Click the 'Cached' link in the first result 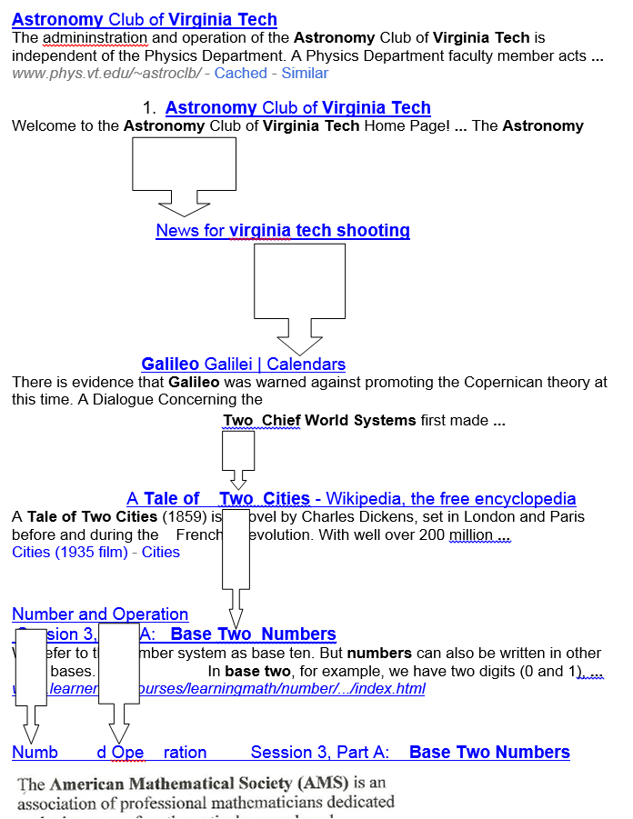(x=240, y=73)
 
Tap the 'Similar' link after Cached (x=305, y=73)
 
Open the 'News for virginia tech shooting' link (x=283, y=231)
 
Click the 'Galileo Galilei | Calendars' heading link (x=244, y=365)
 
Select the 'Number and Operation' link (x=100, y=614)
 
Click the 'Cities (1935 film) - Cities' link (x=95, y=552)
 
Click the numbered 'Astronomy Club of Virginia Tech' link (x=297, y=108)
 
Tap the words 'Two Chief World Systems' (x=319, y=420)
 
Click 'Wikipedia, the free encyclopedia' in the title (x=451, y=498)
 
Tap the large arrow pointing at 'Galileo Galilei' (x=299, y=299)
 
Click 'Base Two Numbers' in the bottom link (x=489, y=753)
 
